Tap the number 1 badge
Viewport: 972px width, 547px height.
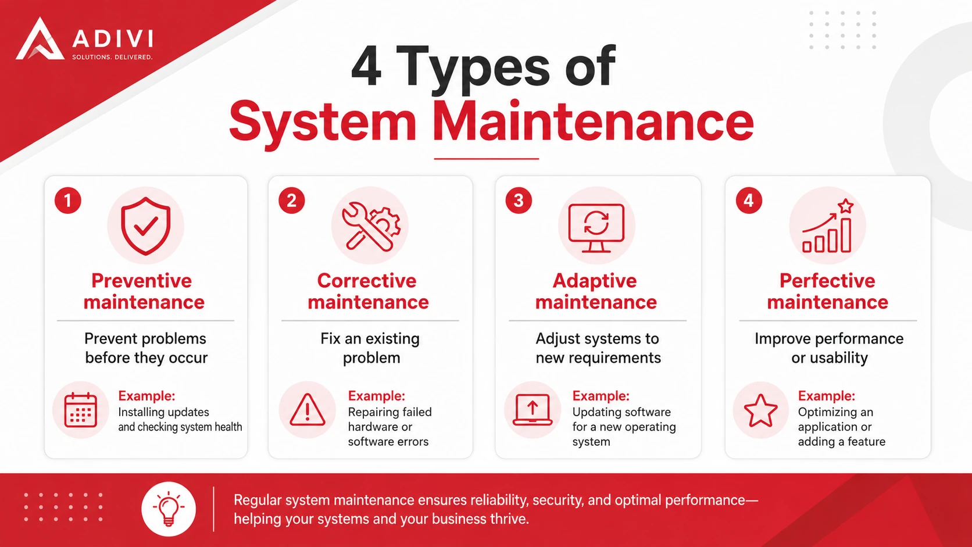(x=67, y=201)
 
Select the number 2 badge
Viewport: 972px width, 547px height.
(x=292, y=201)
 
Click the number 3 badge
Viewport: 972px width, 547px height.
(x=519, y=201)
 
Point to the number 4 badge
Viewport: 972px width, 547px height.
(x=749, y=201)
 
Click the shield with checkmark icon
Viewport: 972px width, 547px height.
(x=146, y=226)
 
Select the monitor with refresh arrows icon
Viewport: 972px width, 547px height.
(x=596, y=228)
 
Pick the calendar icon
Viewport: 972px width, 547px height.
(x=80, y=410)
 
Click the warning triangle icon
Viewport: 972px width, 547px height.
(x=307, y=410)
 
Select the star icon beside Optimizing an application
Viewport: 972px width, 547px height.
(x=760, y=410)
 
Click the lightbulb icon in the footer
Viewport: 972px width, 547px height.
(x=169, y=509)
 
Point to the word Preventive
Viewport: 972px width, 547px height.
(x=141, y=281)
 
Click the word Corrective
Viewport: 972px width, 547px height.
(x=367, y=281)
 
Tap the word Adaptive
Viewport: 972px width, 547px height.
(x=595, y=281)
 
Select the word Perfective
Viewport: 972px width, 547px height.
(x=827, y=281)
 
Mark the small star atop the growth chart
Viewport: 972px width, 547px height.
(x=845, y=206)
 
